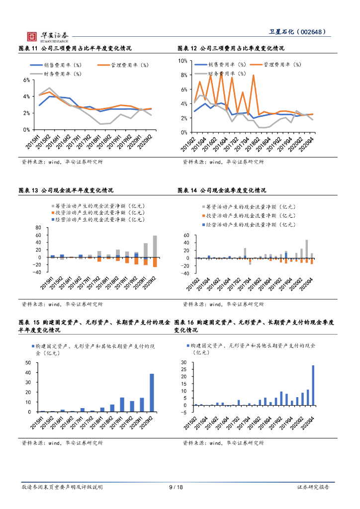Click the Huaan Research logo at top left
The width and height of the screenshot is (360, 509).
point(48,36)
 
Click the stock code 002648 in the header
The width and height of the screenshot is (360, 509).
point(313,32)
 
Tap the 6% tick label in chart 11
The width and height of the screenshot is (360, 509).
point(27,80)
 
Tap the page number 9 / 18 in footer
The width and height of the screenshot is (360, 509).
point(176,488)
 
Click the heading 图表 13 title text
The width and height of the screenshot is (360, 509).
point(66,190)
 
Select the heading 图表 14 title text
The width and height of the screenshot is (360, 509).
point(222,190)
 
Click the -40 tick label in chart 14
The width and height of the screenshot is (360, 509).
point(186,273)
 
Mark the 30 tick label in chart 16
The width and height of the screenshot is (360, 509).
point(183,363)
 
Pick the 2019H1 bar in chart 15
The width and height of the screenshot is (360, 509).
point(122,405)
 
